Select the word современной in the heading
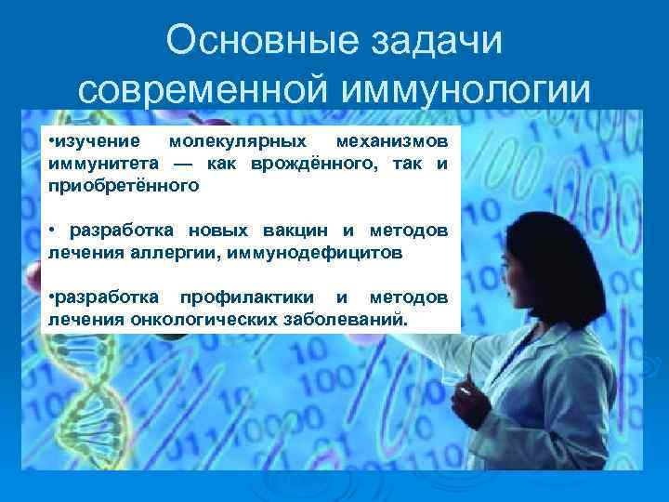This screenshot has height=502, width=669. coord(205,90)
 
